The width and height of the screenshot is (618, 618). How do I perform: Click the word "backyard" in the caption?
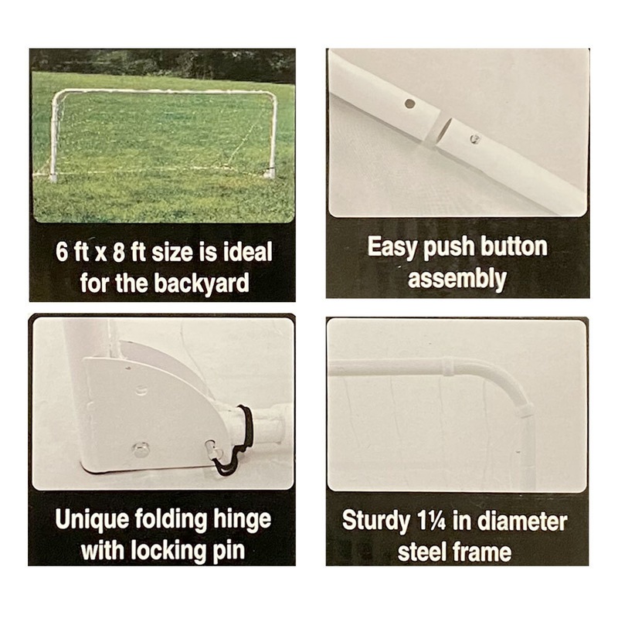203,283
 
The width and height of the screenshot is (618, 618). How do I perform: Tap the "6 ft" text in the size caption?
74,253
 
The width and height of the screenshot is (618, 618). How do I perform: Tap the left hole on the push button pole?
410,103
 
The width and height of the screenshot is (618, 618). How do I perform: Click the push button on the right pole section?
476,138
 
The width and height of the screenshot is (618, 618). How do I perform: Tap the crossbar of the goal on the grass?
162,92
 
